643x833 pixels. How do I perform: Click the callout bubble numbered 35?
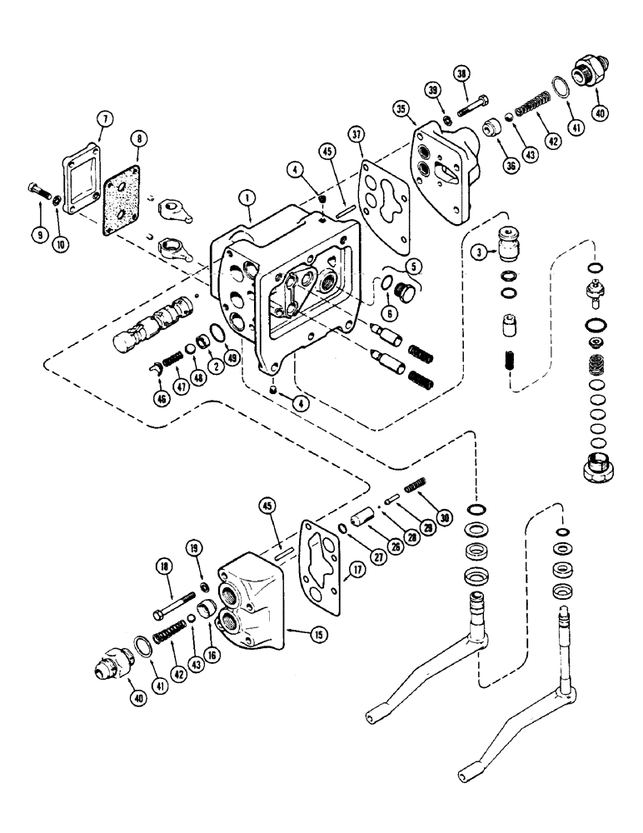point(401,108)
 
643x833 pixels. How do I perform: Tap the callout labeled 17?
point(358,571)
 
